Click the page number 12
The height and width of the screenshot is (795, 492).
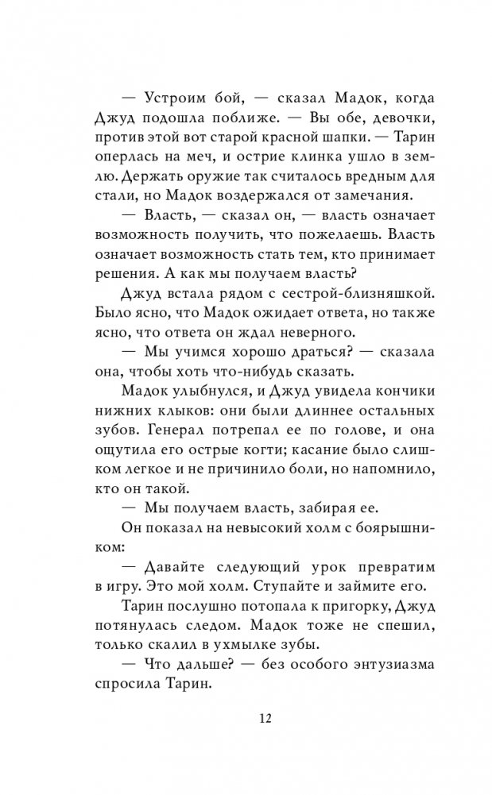pyautogui.click(x=265, y=720)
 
